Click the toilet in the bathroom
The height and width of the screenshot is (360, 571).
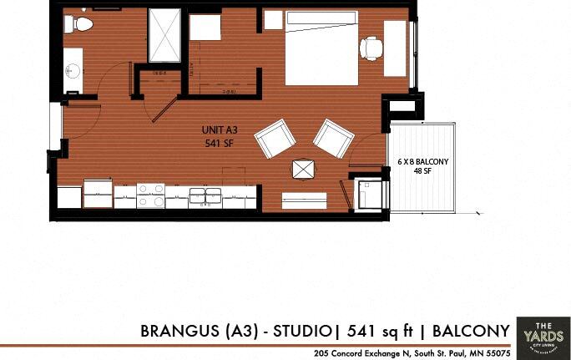click(81, 24)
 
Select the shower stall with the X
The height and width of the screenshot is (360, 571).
click(164, 35)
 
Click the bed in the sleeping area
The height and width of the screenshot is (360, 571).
click(321, 47)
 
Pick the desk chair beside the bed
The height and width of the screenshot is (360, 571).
click(370, 48)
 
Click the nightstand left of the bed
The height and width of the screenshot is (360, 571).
click(273, 20)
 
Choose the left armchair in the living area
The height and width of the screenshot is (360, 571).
click(275, 139)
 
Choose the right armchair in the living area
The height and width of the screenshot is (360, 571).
click(333, 138)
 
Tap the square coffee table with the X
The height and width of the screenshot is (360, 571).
click(302, 169)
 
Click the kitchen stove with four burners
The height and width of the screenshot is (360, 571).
click(150, 195)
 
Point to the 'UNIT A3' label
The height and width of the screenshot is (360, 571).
click(220, 130)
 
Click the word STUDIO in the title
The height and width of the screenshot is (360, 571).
click(301, 332)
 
